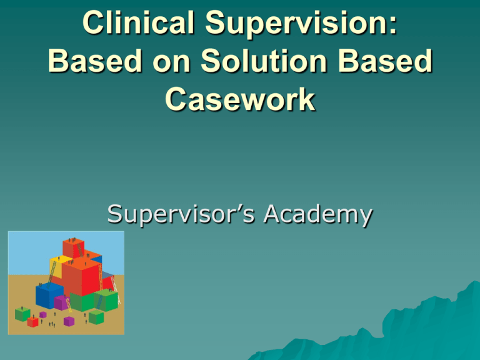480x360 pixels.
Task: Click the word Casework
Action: (x=240, y=99)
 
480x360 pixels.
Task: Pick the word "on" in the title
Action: (x=171, y=64)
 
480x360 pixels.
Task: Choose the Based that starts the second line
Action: (x=95, y=61)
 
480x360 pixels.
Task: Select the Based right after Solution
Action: (x=386, y=61)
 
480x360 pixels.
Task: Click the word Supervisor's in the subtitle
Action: (x=181, y=215)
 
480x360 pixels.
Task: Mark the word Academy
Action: (x=318, y=215)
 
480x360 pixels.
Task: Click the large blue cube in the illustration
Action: (x=49, y=295)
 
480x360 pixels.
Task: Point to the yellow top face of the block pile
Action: (x=61, y=259)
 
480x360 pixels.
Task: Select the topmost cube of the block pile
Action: (x=74, y=248)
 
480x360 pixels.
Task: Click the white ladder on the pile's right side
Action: (x=115, y=287)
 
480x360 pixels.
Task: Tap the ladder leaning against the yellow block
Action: (x=52, y=271)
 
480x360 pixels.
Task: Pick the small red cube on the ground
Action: (x=32, y=322)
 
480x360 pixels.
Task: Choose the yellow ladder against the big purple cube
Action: (x=69, y=305)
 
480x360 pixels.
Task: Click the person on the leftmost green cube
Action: (x=22, y=307)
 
